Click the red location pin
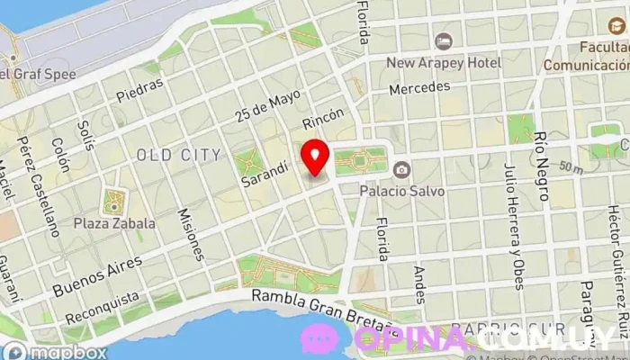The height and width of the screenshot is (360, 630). pos(315,157)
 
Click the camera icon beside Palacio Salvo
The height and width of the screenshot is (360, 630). pos(401,169)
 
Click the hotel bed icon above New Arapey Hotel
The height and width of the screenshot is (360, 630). pos(443,41)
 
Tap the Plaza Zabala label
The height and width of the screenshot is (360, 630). pos(115,222)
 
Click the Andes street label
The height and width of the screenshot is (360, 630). pos(418,283)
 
